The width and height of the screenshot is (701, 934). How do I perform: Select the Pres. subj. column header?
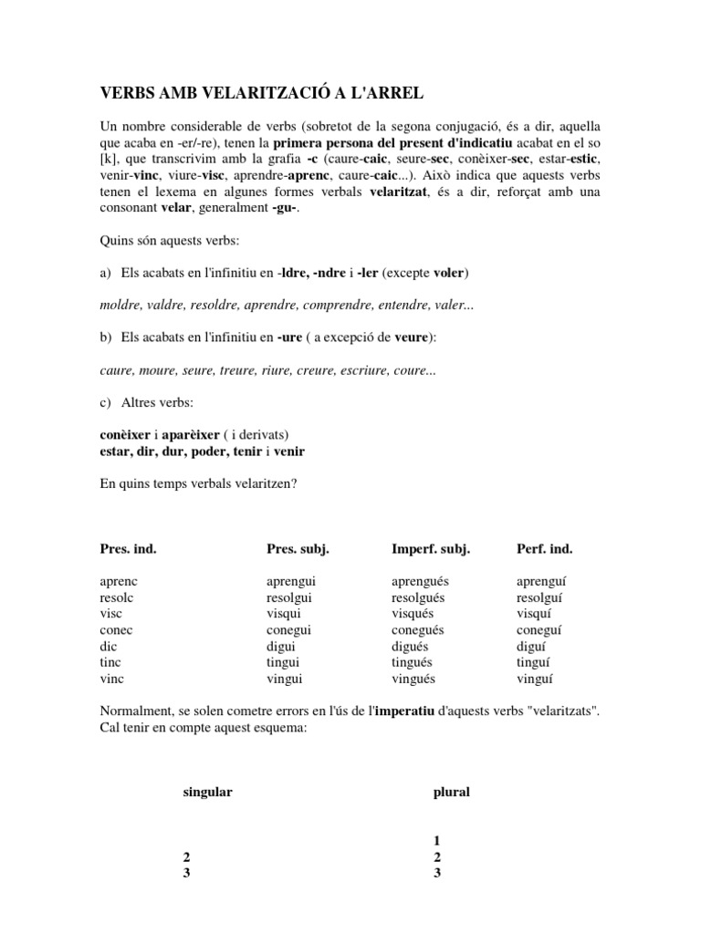297,548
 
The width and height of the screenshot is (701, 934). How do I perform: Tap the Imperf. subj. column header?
430,548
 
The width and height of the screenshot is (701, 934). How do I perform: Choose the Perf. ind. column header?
544,548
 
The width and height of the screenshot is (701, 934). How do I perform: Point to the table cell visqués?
412,614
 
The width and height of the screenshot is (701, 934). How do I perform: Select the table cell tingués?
412,662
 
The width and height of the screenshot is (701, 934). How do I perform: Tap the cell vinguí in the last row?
535,679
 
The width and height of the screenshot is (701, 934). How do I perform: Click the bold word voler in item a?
451,273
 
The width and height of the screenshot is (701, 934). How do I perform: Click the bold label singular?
207,792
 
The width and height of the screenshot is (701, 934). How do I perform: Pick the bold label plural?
451,792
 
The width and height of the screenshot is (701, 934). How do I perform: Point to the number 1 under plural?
437,840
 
